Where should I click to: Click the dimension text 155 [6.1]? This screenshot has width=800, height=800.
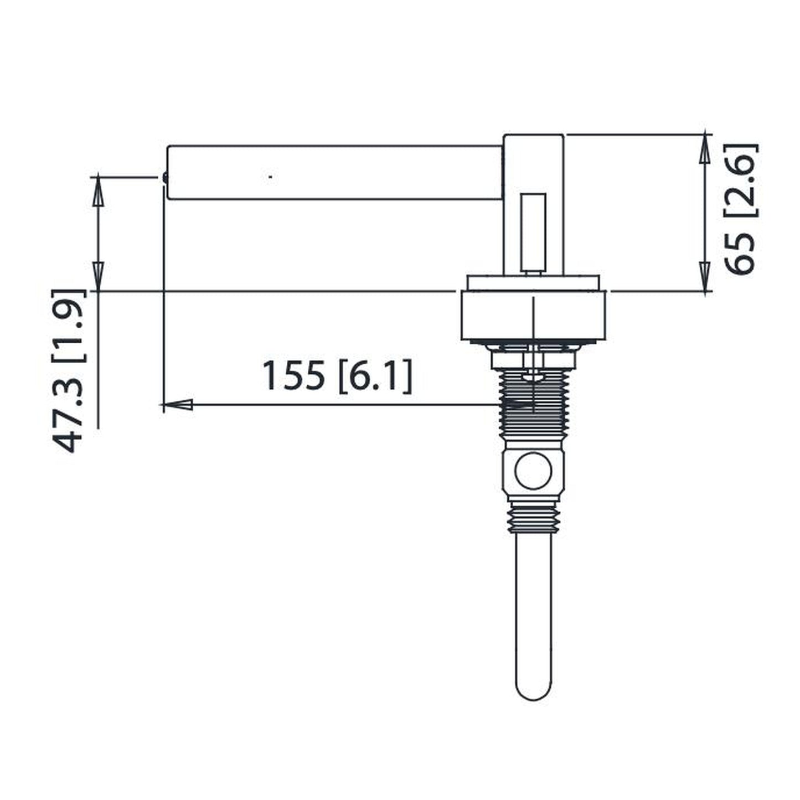[337, 376]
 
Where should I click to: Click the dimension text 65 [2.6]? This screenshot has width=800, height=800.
[740, 209]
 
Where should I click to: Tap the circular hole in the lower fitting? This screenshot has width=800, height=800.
[533, 471]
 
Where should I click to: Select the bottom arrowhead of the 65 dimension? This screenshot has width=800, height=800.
[705, 276]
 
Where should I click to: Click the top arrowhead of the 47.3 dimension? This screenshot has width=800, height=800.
[97, 192]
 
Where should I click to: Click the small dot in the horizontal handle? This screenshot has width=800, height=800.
[270, 177]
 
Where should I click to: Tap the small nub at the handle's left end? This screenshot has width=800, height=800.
[165, 177]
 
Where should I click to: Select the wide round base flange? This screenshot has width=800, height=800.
[533, 316]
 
